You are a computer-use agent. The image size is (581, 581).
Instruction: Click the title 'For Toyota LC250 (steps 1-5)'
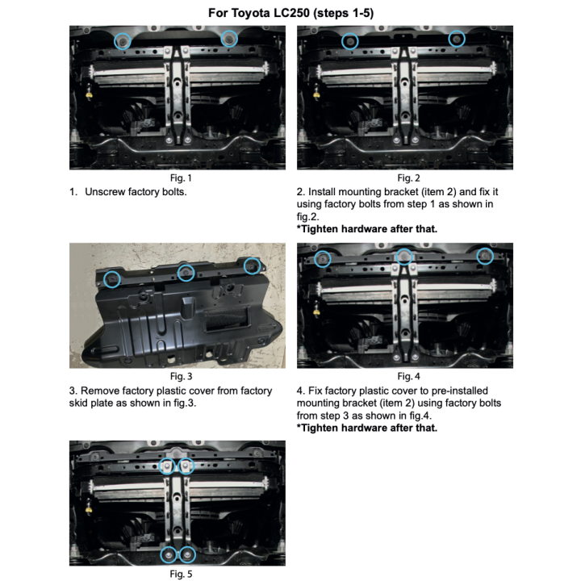(x=290, y=13)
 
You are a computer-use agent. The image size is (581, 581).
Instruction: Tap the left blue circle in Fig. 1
(x=115, y=41)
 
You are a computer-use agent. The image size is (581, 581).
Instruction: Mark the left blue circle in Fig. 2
(x=342, y=41)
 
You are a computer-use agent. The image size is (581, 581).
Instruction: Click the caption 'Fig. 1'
(x=181, y=178)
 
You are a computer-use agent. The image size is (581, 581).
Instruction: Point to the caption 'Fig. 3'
(x=181, y=377)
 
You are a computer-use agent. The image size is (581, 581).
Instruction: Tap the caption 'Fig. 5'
(x=181, y=574)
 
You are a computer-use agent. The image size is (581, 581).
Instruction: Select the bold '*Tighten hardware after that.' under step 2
(x=367, y=229)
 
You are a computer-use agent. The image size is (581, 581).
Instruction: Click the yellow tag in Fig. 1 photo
(x=89, y=96)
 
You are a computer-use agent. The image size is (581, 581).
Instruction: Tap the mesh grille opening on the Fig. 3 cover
(x=227, y=320)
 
